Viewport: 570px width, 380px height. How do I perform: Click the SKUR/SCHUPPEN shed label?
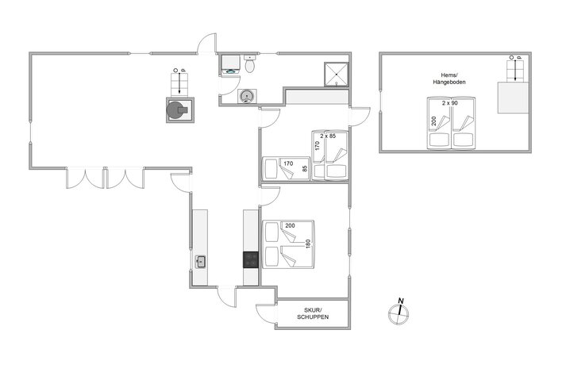313,313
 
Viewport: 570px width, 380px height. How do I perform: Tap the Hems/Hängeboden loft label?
449,79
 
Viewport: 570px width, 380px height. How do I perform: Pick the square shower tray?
337,75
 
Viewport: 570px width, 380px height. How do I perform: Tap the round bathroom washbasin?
247,97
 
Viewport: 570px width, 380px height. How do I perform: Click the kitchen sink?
201,262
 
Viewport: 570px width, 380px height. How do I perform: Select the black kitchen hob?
251,259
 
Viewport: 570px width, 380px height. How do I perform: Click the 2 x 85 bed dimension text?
328,136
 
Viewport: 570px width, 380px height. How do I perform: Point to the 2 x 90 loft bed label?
449,103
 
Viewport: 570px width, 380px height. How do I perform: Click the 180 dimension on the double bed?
308,244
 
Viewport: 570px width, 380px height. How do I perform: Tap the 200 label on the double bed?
290,225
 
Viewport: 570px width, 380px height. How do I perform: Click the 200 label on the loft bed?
433,121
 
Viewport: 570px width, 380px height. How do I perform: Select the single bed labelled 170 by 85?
286,168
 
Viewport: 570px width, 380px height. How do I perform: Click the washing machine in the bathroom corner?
230,65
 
